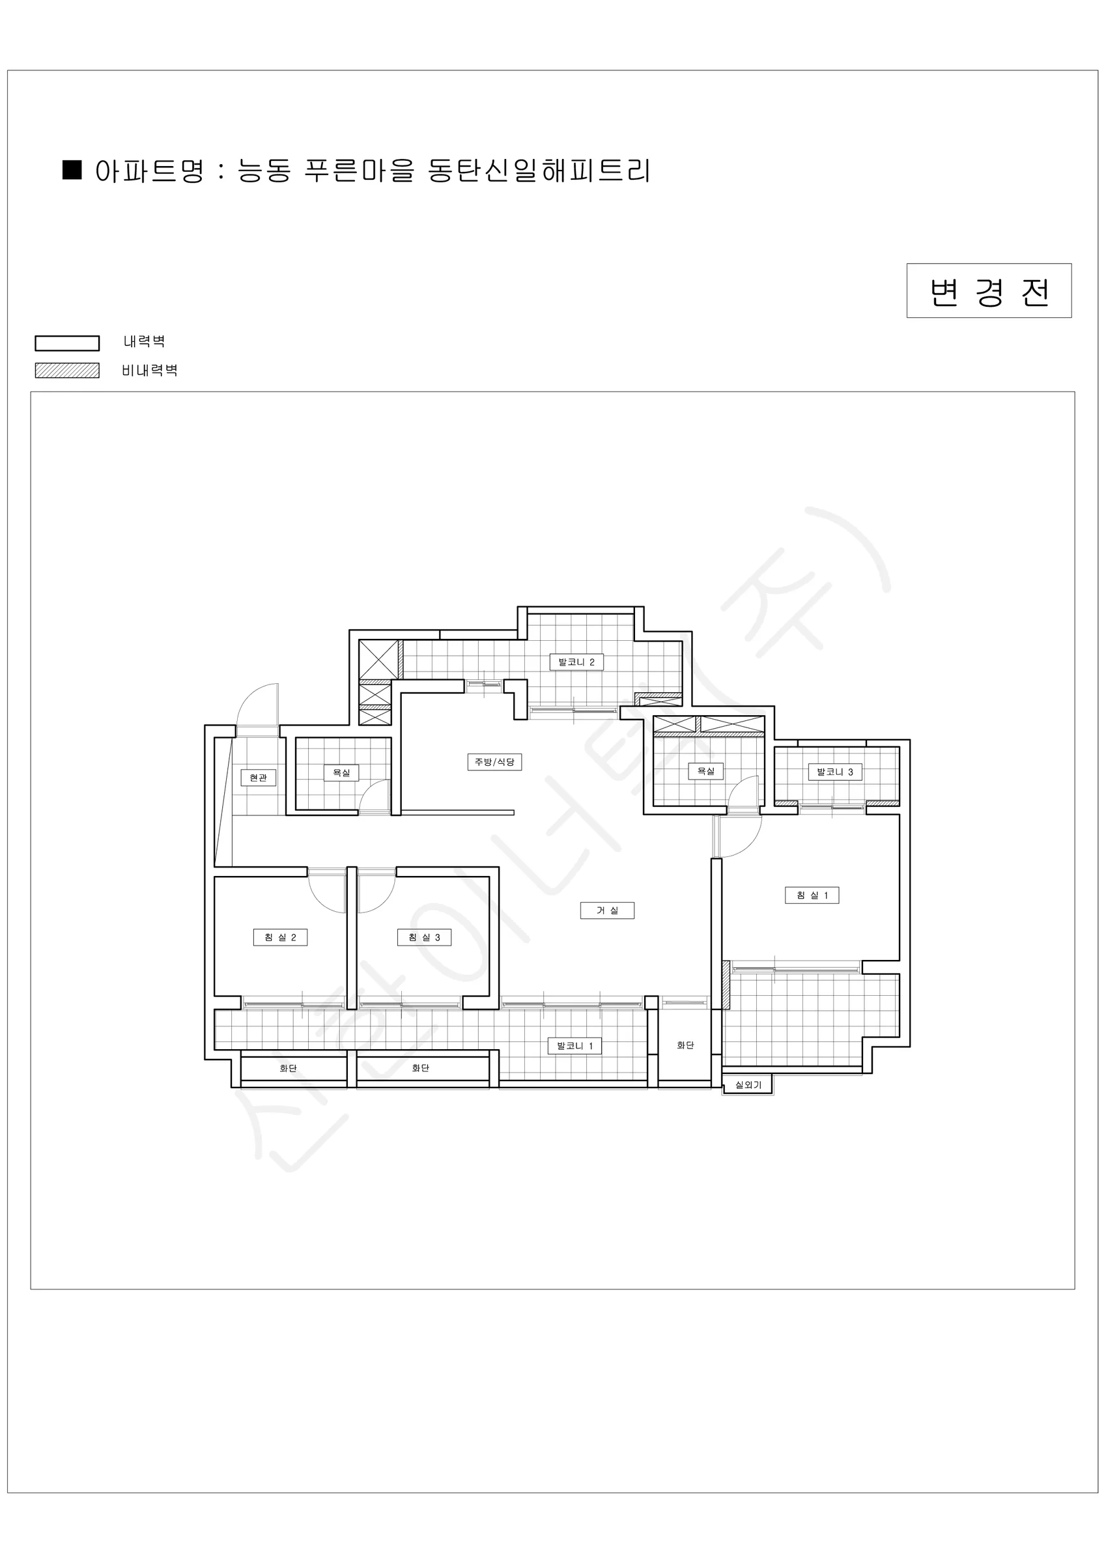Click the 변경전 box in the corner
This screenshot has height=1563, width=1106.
pyautogui.click(x=989, y=290)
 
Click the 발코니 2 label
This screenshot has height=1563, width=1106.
pyautogui.click(x=576, y=662)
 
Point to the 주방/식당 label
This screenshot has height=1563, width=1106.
pyautogui.click(x=494, y=762)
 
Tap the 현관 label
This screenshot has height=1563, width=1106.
pyautogui.click(x=258, y=778)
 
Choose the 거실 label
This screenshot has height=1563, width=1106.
pyautogui.click(x=608, y=910)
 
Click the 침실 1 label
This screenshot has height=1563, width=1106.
pyautogui.click(x=812, y=895)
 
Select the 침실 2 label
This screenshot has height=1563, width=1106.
pyautogui.click(x=280, y=937)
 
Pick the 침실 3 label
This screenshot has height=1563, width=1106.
pyautogui.click(x=424, y=937)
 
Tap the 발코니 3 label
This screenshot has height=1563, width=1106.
pyautogui.click(x=835, y=772)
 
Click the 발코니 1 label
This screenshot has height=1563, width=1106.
pyautogui.click(x=574, y=1046)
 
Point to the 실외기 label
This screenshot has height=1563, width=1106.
pyautogui.click(x=748, y=1084)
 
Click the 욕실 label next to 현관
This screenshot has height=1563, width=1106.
pyautogui.click(x=341, y=772)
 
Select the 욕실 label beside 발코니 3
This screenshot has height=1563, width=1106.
pyautogui.click(x=705, y=770)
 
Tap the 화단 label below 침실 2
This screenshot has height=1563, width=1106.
pyautogui.click(x=288, y=1068)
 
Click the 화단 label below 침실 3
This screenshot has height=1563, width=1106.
pyautogui.click(x=421, y=1067)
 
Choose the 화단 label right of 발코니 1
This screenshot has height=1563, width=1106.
pyautogui.click(x=685, y=1045)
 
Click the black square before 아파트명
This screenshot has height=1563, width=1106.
pyautogui.click(x=72, y=169)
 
